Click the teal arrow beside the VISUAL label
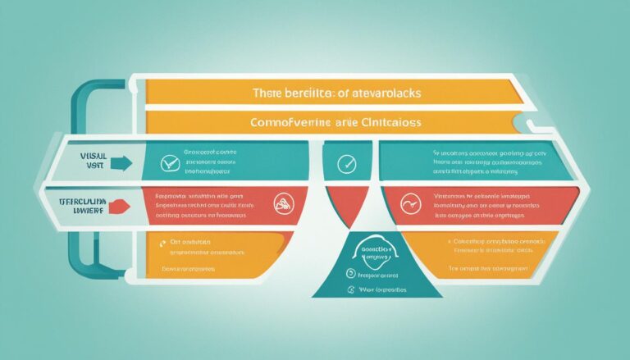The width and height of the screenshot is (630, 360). (119, 163)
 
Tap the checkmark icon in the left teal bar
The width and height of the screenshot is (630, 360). (170, 163)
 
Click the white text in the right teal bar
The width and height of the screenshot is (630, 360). (479, 163)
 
